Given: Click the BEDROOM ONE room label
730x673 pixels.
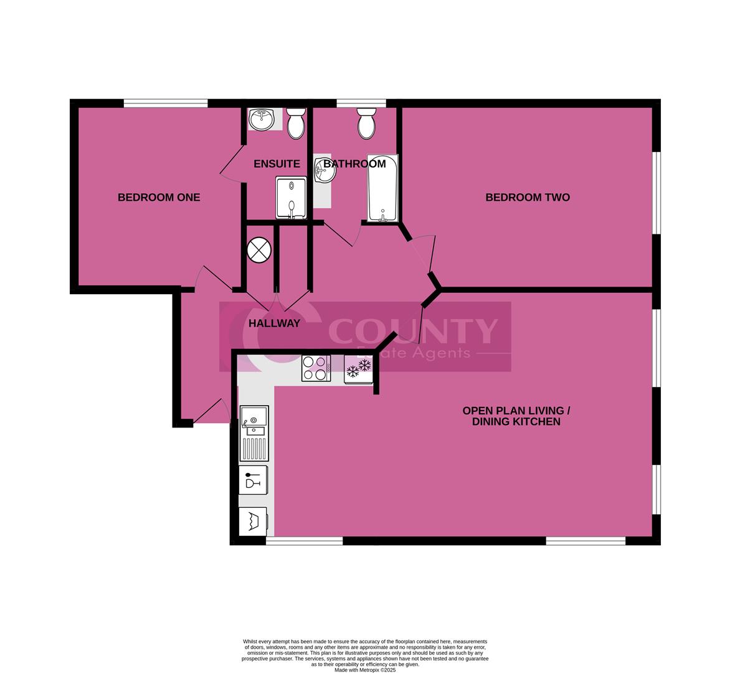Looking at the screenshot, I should (x=159, y=198).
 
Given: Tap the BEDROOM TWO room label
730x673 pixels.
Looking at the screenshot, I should (x=528, y=198).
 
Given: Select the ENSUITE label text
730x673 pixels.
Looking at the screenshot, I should (x=277, y=164).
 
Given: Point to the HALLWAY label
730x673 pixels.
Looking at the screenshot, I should (x=274, y=323).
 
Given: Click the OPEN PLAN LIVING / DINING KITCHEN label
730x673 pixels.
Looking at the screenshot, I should (x=516, y=416).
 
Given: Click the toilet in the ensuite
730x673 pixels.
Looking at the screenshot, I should (x=296, y=123).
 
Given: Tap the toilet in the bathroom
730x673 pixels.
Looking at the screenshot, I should (x=367, y=123).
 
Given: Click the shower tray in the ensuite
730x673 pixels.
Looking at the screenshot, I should (x=291, y=198).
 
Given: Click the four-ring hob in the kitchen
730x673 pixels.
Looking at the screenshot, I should (x=316, y=368).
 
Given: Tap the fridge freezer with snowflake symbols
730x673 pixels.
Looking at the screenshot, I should (x=359, y=368).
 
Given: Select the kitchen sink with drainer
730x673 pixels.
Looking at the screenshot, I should (x=254, y=433).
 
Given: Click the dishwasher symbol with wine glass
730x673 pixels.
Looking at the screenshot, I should (x=254, y=480).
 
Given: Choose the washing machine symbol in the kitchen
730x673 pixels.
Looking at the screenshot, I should (x=254, y=521).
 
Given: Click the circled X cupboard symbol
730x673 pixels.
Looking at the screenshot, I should (x=260, y=251).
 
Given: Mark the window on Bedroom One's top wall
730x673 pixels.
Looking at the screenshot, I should (x=165, y=103).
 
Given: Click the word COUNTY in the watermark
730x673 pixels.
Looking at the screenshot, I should (x=412, y=331).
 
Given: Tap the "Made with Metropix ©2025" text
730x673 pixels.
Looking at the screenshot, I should (x=365, y=670).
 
